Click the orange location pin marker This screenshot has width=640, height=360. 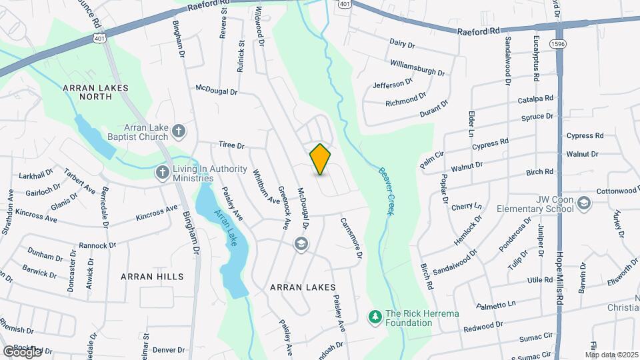point(321,159)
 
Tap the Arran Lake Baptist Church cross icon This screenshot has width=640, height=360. point(178,131)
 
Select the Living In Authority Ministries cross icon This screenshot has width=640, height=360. point(161,173)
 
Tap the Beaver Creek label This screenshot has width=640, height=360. point(385,191)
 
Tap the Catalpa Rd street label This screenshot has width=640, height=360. point(535,99)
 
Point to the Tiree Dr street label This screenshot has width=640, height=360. point(232,145)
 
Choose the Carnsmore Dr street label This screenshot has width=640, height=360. point(351,237)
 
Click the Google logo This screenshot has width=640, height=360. point(22,351)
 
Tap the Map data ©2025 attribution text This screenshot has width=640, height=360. point(611,354)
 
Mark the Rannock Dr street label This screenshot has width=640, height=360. point(97,245)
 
